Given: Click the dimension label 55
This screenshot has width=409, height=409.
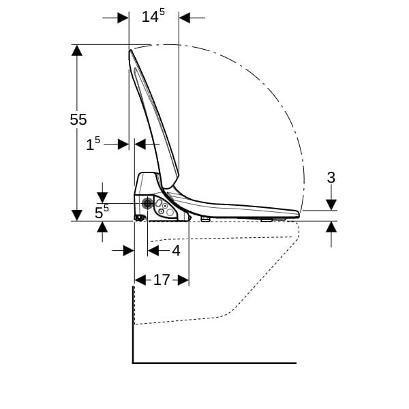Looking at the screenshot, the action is tap(78, 120).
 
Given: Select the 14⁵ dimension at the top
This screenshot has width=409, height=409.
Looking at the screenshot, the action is tap(153, 16).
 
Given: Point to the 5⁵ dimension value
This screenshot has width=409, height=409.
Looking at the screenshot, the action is tap(102, 211).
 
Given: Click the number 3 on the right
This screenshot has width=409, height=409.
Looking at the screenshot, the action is tap(331, 178).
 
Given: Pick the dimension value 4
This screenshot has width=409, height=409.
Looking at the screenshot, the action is tap(176, 251).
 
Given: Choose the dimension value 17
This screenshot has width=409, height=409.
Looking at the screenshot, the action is tap(162, 280).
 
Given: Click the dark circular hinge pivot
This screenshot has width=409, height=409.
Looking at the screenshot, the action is tap(147, 203).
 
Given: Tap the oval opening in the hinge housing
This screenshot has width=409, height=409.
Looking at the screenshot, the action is tap(159, 203).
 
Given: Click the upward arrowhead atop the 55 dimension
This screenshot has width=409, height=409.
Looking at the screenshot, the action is tap(76, 50).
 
